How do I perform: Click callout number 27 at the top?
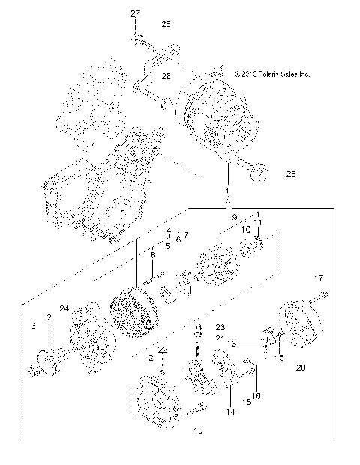(x=135, y=14)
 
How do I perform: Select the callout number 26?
(x=166, y=24)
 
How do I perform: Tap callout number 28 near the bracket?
(x=166, y=76)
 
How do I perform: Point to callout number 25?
(x=270, y=174)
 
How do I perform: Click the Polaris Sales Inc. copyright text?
(x=271, y=74)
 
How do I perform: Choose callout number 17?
(x=318, y=278)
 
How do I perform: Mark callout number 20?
(x=301, y=367)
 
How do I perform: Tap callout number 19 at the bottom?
(x=199, y=431)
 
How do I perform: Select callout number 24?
(x=64, y=308)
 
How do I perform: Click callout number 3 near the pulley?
(x=33, y=325)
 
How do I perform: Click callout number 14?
(x=229, y=412)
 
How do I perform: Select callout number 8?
(x=152, y=256)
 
